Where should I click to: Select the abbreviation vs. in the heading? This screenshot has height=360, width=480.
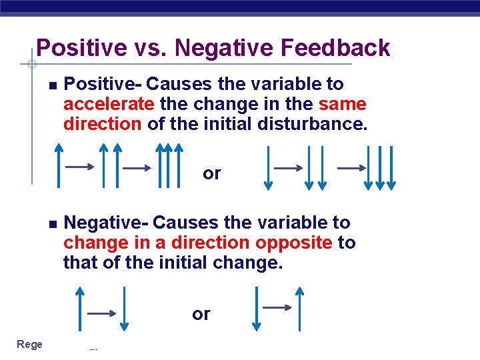point(151,48)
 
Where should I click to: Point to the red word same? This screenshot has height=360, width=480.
point(343,105)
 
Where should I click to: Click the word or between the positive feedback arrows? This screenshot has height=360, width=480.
point(212,174)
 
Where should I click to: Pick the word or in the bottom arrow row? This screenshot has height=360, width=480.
point(201,314)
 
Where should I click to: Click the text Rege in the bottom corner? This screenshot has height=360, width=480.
point(29,344)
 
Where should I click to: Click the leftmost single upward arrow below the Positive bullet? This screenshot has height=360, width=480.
point(59,166)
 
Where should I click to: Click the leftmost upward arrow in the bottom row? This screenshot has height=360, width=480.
point(80,309)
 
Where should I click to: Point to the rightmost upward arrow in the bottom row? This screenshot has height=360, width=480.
point(300,309)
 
